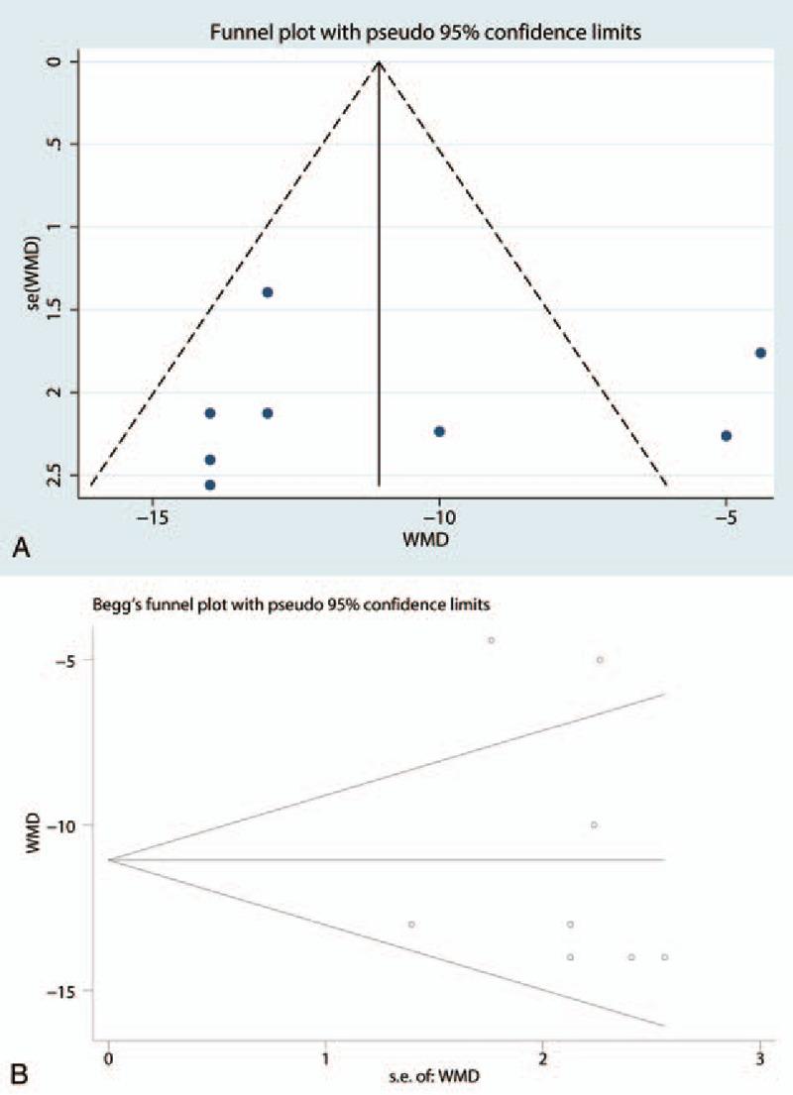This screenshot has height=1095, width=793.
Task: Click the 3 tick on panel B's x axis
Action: [759, 1055]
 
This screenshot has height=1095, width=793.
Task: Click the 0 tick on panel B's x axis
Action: [108, 1055]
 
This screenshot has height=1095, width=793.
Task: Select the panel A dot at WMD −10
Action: [439, 431]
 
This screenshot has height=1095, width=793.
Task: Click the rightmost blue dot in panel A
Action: [760, 353]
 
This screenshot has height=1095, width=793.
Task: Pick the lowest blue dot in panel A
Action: [210, 485]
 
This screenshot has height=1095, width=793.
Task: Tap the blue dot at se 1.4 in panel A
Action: [268, 292]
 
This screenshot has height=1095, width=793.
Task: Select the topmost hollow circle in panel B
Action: [491, 640]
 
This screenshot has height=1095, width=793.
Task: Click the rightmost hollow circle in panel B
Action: [665, 957]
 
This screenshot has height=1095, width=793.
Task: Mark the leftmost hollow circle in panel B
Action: [411, 925]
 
